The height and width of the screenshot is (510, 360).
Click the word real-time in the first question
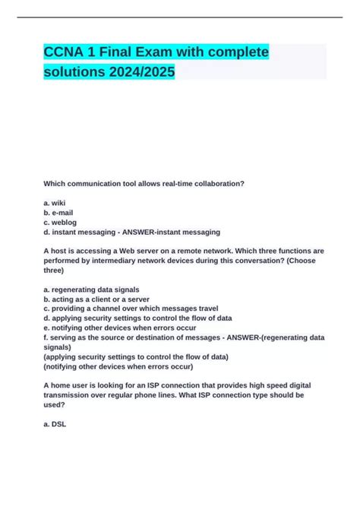pos(171,183)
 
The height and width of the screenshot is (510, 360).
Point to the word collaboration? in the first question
pos(217,183)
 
